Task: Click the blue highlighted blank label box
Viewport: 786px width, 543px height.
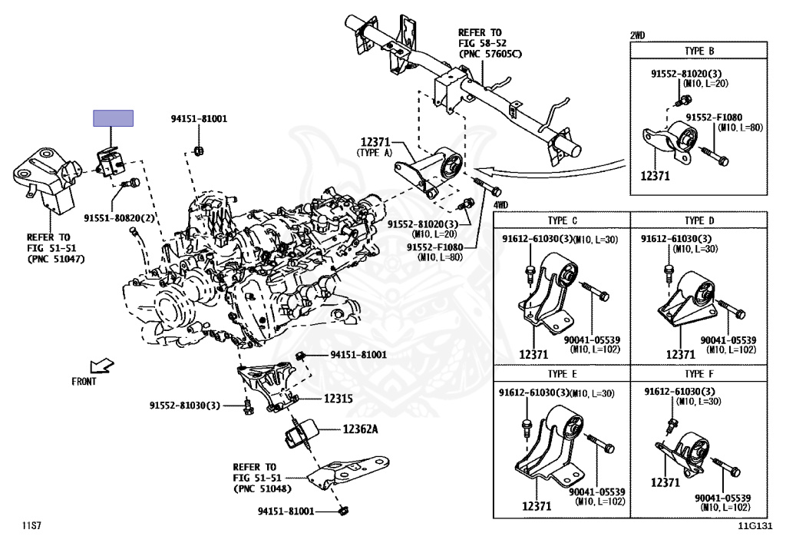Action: (x=114, y=118)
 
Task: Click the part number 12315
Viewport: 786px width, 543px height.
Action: (x=339, y=399)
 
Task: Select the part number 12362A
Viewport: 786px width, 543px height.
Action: (x=361, y=429)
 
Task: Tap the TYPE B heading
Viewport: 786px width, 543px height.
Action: (x=699, y=51)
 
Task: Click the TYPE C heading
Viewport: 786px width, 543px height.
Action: (x=562, y=220)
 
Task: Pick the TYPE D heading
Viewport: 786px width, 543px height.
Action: (x=699, y=220)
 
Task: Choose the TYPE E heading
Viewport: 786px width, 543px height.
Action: (x=562, y=374)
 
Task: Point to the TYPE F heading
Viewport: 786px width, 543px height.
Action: (x=699, y=374)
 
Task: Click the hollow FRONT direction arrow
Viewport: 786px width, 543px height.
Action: (x=102, y=366)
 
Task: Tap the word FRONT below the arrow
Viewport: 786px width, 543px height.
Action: (x=84, y=382)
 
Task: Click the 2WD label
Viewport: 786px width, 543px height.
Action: (x=637, y=35)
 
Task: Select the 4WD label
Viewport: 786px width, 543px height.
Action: (x=500, y=204)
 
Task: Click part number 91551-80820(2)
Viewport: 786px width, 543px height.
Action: (x=119, y=218)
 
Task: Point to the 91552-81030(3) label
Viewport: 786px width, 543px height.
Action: (x=184, y=405)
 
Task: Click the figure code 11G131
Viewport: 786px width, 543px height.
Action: (x=755, y=526)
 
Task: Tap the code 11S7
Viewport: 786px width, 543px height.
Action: (x=31, y=526)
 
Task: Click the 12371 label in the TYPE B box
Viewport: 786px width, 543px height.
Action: (x=656, y=175)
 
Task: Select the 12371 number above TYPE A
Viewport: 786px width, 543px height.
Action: (x=375, y=142)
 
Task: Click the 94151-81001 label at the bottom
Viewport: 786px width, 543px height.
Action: (x=286, y=512)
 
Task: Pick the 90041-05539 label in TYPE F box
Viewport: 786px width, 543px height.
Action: (x=722, y=498)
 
